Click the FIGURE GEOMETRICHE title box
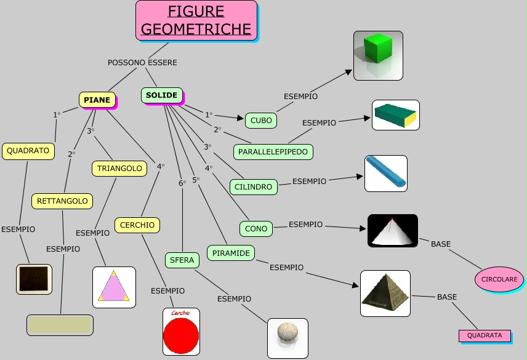(196, 20)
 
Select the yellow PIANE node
(97, 100)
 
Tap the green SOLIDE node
(162, 95)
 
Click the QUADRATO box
(28, 151)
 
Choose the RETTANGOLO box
(62, 201)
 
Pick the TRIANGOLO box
(119, 168)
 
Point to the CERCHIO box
(137, 225)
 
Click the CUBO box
(261, 121)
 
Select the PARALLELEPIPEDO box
(273, 151)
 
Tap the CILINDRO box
(253, 186)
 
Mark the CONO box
(256, 229)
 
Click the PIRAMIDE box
(231, 253)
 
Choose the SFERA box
(182, 260)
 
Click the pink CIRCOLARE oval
(499, 279)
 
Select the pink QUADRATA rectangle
(485, 336)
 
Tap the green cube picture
(378, 55)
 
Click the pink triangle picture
(114, 287)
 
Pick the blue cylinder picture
(386, 173)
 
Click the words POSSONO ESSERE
(142, 63)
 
